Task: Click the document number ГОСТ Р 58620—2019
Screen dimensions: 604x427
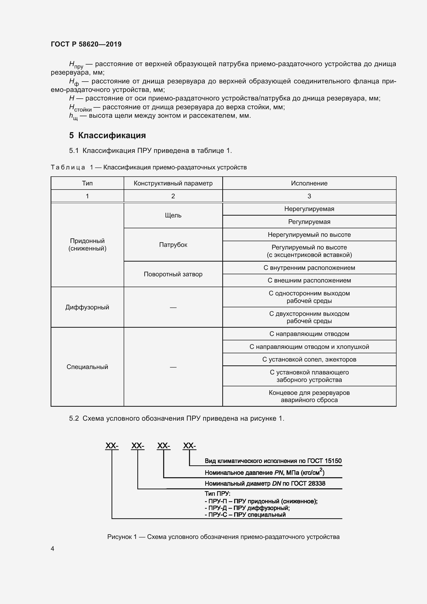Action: coord(86,44)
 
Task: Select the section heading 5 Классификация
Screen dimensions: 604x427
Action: coord(108,135)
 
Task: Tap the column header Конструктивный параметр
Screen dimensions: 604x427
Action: coord(173,183)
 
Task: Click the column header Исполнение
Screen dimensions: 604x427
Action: coord(309,183)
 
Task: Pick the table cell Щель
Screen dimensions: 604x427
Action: coord(173,215)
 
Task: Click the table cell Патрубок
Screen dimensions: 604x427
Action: coord(173,245)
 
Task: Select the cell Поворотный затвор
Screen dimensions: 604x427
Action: coord(173,274)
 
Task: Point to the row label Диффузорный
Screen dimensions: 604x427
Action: coord(87,307)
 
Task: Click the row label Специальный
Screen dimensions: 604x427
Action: coord(87,367)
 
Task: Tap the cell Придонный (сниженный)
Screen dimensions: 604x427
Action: coord(87,245)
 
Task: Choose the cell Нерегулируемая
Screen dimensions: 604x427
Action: coord(309,209)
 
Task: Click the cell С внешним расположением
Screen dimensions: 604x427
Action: coord(309,280)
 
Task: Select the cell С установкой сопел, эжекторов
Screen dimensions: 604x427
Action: coord(309,359)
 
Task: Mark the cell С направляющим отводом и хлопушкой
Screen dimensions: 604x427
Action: coord(309,347)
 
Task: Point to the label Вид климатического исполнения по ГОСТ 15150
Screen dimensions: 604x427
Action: coord(273,461)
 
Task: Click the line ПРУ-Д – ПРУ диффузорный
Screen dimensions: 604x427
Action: coord(247,508)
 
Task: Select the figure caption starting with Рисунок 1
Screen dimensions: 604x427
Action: coord(223,537)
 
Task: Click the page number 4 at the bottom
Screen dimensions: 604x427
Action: coord(53,548)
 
